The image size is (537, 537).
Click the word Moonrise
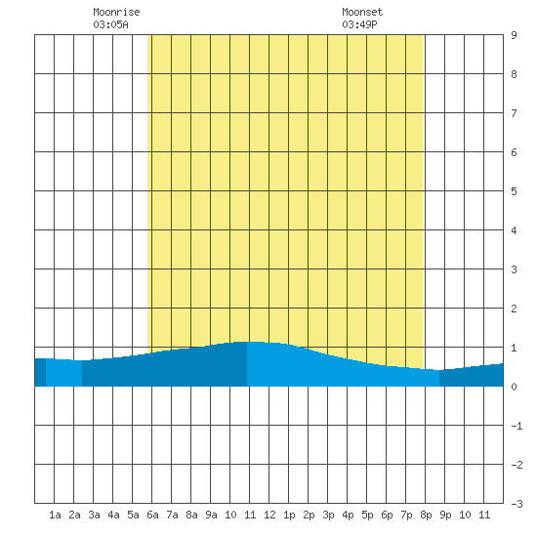pyautogui.click(x=116, y=12)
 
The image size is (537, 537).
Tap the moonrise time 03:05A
pyautogui.click(x=110, y=24)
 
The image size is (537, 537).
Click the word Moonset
pyautogui.click(x=362, y=12)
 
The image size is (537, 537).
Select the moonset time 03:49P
pyautogui.click(x=359, y=24)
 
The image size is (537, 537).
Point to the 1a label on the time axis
pyautogui.click(x=55, y=515)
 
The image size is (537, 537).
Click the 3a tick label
pyautogui.click(x=94, y=515)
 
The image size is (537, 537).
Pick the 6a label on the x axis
pyautogui.click(x=152, y=515)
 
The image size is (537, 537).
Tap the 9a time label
pyautogui.click(x=211, y=515)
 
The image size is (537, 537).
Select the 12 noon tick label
pyautogui.click(x=269, y=515)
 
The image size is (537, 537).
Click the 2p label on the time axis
pyautogui.click(x=309, y=515)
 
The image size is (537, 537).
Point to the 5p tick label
pyautogui.click(x=367, y=515)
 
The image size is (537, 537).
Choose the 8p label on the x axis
pyautogui.click(x=426, y=515)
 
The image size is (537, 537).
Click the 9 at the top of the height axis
pyautogui.click(x=514, y=35)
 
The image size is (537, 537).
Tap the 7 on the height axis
pyautogui.click(x=514, y=113)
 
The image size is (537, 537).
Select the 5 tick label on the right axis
pyautogui.click(x=514, y=191)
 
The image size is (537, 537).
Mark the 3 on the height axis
pyautogui.click(x=514, y=269)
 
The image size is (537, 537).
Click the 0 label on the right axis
pyautogui.click(x=514, y=387)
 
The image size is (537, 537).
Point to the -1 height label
pyautogui.click(x=516, y=426)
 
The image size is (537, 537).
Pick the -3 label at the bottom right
pyautogui.click(x=516, y=504)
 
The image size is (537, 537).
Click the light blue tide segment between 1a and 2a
pyautogui.click(x=63, y=373)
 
